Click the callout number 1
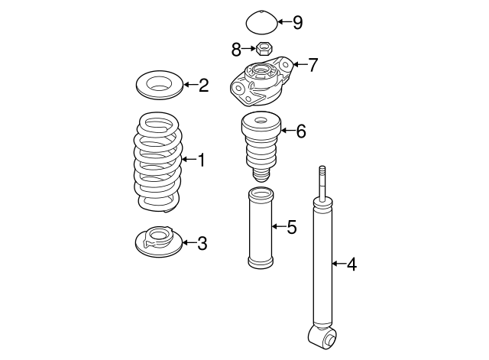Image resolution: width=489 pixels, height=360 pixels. (x=202, y=161)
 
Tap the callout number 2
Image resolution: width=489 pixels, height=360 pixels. (x=203, y=85)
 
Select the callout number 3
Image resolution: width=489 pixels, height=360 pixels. (x=202, y=244)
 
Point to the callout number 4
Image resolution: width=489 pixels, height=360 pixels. (x=351, y=265)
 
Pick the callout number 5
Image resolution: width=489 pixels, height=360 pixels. (x=291, y=227)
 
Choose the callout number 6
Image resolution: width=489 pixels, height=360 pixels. (x=300, y=131)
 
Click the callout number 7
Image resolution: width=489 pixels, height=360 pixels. (x=312, y=65)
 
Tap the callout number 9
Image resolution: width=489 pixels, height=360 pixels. (x=297, y=22)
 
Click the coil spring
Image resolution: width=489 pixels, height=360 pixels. (x=158, y=162)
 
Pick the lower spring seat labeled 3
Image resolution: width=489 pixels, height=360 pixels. (x=157, y=243)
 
